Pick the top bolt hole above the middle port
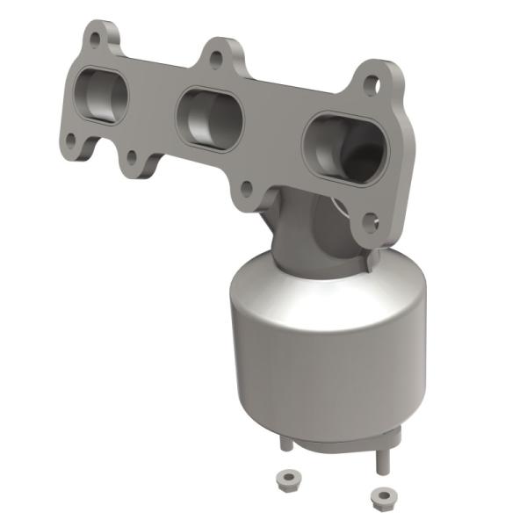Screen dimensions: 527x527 (x=214, y=60)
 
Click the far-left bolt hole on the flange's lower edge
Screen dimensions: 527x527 (x=69, y=138)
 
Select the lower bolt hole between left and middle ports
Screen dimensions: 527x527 (x=131, y=158)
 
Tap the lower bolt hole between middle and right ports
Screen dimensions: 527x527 (x=247, y=187)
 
